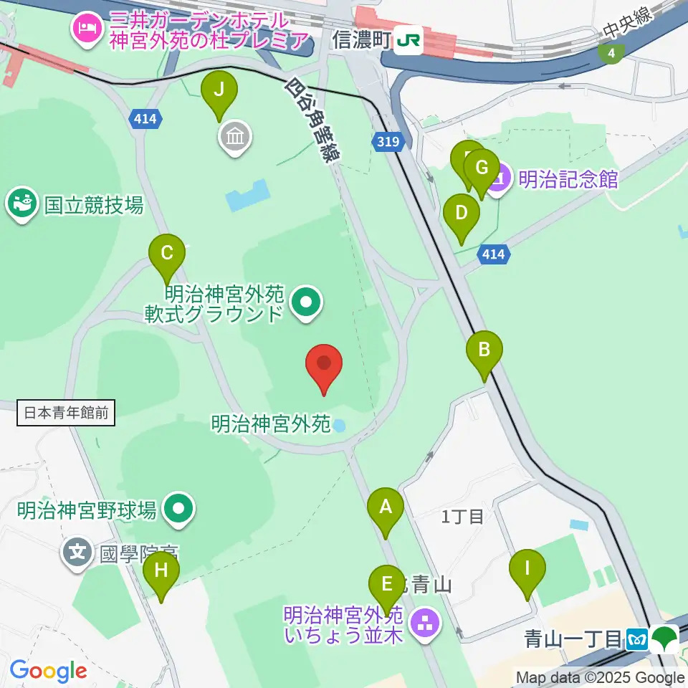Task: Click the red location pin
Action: coord(324,365)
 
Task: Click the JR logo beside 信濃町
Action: coord(408,41)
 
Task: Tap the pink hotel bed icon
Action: coord(87,29)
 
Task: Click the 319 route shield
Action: coord(387,143)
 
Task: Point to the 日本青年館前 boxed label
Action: coord(66,413)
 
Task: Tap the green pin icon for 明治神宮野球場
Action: coord(178,510)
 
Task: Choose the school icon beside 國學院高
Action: coord(77,553)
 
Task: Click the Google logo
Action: coord(48,671)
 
